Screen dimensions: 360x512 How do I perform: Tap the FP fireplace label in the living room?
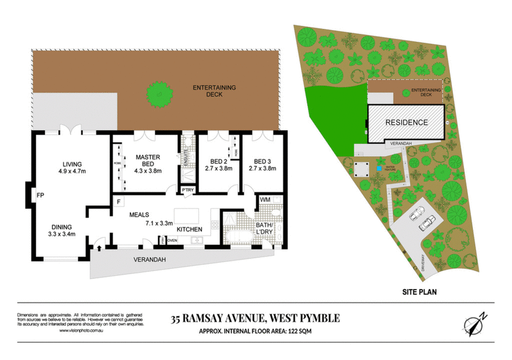click(40, 194)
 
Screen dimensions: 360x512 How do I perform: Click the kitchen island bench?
click(188, 215)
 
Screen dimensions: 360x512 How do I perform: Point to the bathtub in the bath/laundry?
click(241, 239)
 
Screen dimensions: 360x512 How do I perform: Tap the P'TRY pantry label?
click(187, 190)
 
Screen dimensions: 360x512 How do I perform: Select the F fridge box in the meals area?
click(118, 202)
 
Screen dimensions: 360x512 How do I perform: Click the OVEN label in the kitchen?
click(172, 240)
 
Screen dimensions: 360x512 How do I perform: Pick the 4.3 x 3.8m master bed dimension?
click(147, 171)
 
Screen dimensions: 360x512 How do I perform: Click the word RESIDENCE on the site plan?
click(406, 122)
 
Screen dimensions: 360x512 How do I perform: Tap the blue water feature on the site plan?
click(378, 169)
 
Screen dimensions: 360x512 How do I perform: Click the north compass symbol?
click(474, 323)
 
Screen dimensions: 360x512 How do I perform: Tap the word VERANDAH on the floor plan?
click(150, 260)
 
